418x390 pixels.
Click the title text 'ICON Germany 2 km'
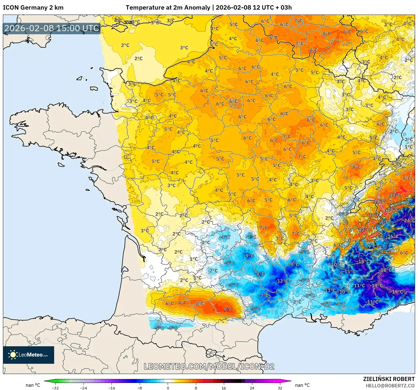(33, 8)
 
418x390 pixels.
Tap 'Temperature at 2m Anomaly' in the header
(168, 8)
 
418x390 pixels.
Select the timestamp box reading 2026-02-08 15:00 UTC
(52, 28)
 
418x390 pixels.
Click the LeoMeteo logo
(29, 355)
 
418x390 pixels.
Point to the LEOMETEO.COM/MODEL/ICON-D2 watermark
(209, 366)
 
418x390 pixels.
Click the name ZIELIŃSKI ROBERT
(389, 379)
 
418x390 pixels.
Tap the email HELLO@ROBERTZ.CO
(390, 386)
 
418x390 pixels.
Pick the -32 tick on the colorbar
(55, 388)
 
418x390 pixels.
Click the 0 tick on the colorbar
(168, 388)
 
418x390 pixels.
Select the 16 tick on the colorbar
(224, 388)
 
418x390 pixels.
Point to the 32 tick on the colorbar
(280, 388)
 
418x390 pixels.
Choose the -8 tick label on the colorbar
(140, 388)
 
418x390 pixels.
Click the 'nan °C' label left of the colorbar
(33, 385)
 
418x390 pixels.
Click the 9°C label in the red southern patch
(228, 310)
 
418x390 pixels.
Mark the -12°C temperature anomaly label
(282, 281)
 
